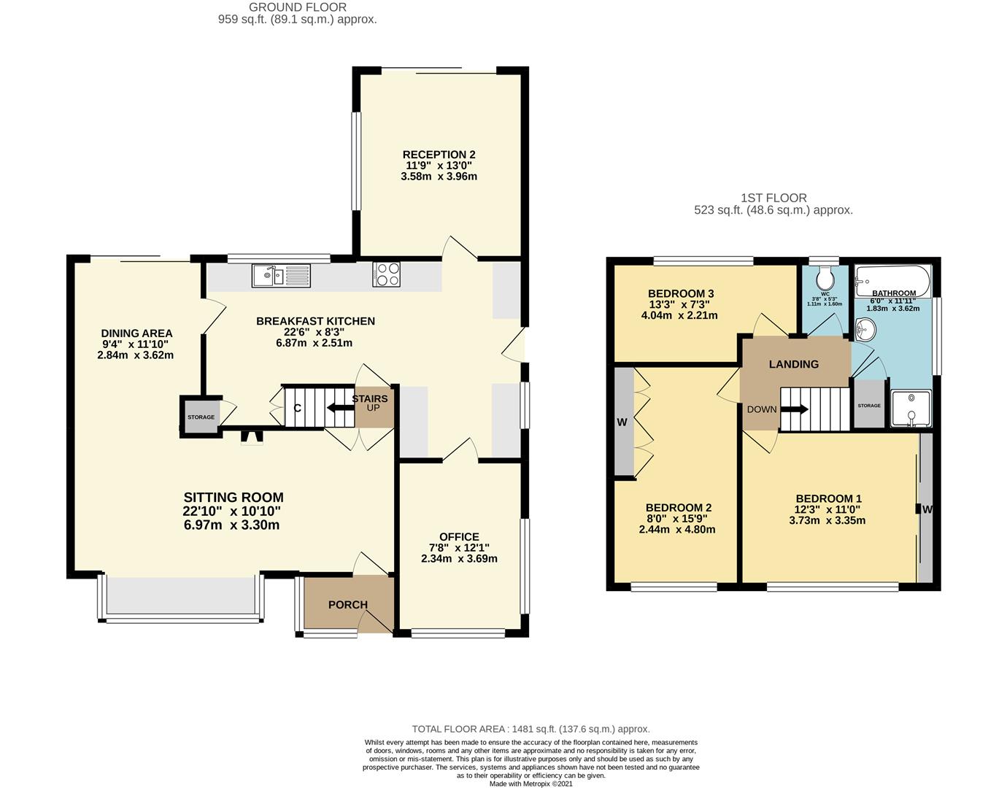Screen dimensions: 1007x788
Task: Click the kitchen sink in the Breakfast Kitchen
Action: coord(281,276)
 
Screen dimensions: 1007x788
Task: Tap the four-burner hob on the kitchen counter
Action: coord(387,274)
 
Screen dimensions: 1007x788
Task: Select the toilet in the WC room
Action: coord(825,278)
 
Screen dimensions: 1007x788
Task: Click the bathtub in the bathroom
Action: coord(892,281)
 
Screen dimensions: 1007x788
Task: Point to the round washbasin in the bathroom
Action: coord(865,329)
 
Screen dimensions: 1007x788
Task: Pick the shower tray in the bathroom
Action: coord(911,409)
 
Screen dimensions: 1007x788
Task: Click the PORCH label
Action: coord(348,605)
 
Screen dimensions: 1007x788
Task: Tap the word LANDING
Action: coord(794,364)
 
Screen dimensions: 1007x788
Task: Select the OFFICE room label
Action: coord(459,537)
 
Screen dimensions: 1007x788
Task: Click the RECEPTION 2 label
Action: coord(439,155)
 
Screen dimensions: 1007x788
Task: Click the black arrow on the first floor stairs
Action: coord(795,409)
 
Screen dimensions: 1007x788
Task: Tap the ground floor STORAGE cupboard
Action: coord(201,417)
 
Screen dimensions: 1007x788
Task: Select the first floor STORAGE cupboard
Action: coord(869,404)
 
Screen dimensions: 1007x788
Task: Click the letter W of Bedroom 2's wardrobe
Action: coord(622,422)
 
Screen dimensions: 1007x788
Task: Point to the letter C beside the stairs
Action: coord(298,408)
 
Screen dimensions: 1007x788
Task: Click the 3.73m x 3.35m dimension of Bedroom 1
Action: coord(827,520)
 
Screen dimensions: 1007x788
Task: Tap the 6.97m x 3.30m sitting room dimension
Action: coord(232,525)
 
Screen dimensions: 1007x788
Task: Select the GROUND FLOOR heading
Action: coord(298,7)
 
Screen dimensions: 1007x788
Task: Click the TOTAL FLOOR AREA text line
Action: coord(531,729)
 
